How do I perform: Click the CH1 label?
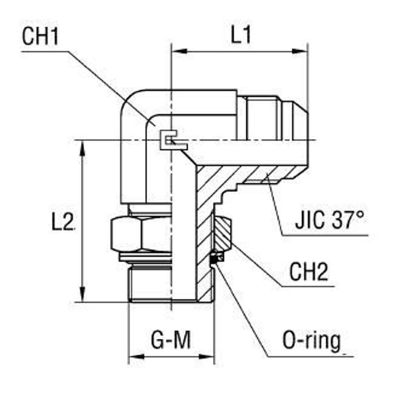tap(41, 37)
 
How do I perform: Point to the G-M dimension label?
tap(171, 340)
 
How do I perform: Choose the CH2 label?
tap(308, 273)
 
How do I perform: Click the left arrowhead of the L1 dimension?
tap(178, 52)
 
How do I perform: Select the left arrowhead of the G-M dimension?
tap(135, 357)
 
